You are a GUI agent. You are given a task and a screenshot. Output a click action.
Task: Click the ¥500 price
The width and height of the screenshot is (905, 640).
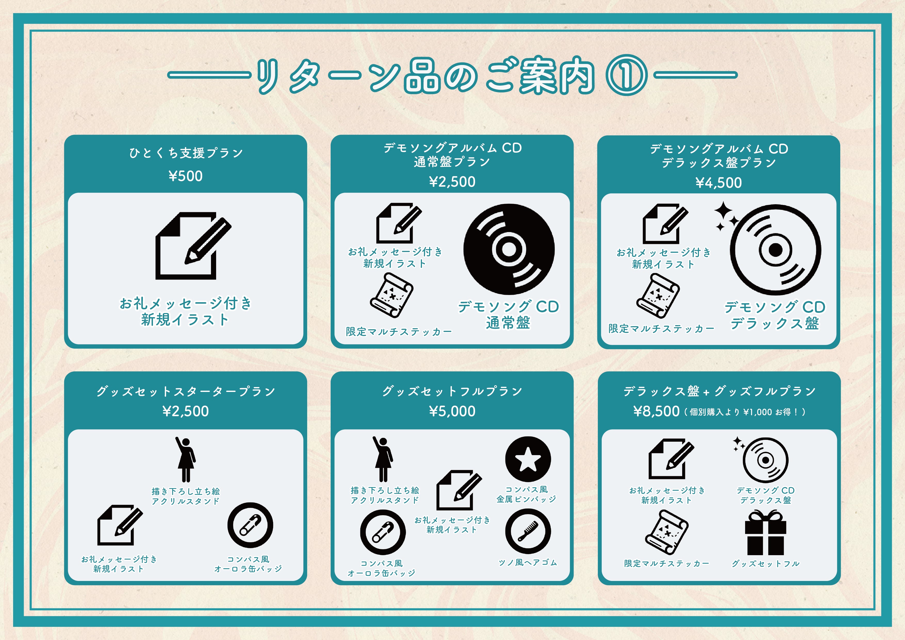(x=186, y=176)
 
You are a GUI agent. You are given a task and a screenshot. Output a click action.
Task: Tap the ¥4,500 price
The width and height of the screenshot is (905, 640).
(x=719, y=183)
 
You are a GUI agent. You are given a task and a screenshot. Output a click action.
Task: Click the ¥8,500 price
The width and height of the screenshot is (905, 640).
(x=656, y=412)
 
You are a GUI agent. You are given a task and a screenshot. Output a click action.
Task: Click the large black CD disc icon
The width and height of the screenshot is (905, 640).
(x=509, y=249)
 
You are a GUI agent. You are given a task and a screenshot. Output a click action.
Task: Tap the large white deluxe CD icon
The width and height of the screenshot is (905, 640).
(x=775, y=250)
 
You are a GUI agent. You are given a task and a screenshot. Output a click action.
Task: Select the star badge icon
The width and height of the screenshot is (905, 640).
(x=528, y=459)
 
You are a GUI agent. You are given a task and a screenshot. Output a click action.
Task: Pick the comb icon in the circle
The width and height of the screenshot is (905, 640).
(x=528, y=531)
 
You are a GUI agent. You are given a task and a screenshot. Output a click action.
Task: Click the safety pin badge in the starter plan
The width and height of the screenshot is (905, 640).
(x=250, y=525)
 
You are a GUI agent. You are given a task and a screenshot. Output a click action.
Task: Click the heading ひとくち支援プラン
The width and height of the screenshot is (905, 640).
(x=186, y=153)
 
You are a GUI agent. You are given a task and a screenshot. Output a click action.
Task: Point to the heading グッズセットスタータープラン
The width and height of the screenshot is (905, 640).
(x=186, y=391)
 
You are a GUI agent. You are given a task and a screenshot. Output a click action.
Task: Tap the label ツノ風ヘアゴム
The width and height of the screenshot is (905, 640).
(x=528, y=563)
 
